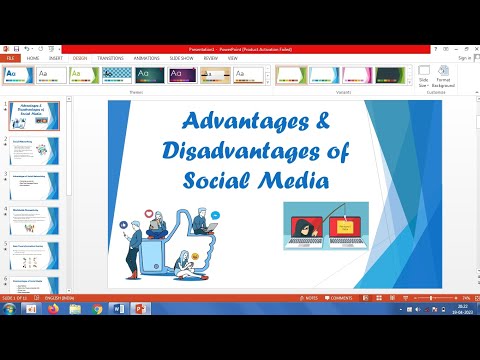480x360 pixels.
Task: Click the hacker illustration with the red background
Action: (325, 222)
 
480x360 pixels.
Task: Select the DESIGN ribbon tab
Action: (79, 58)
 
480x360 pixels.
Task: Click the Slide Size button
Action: (424, 78)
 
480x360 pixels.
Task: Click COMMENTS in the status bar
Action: (339, 298)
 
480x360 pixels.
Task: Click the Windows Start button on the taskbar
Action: (9, 311)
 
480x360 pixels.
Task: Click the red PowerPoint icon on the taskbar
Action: (140, 311)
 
